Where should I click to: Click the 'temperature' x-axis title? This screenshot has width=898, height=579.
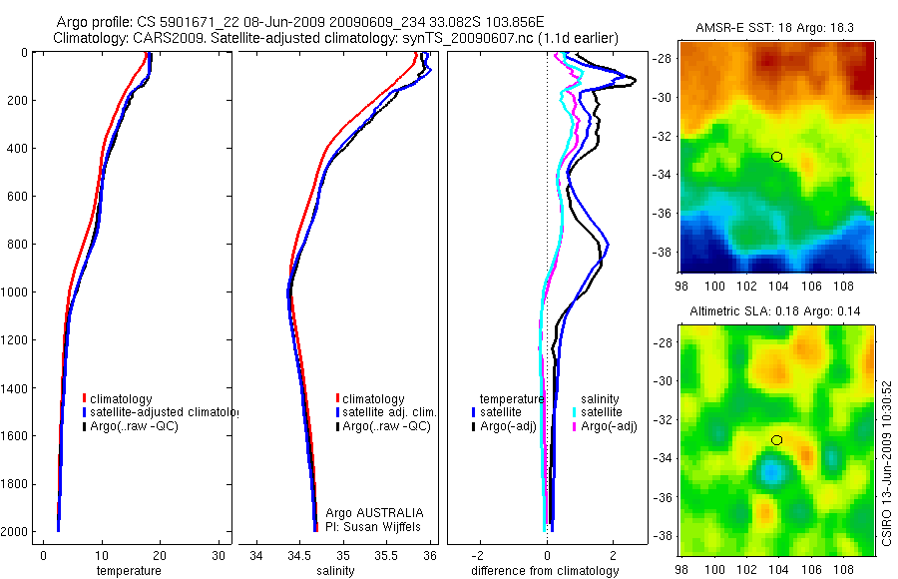tap(128, 571)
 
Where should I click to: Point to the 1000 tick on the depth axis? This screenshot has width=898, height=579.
tap(17, 292)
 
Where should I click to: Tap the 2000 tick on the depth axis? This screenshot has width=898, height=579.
tap(17, 532)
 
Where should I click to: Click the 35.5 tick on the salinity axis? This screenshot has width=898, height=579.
tap(386, 555)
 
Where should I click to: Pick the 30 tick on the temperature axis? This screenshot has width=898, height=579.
tap(218, 555)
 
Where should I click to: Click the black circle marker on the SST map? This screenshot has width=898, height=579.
tap(777, 157)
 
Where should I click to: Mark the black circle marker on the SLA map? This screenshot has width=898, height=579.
tap(777, 439)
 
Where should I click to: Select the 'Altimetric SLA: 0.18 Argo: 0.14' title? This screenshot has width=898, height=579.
tap(777, 312)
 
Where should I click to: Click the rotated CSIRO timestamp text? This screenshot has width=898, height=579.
tap(887, 461)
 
